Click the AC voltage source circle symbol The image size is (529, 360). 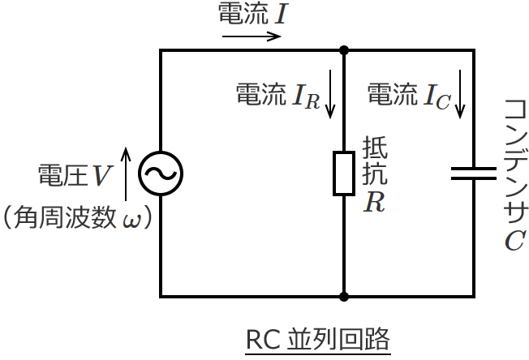tap(160, 173)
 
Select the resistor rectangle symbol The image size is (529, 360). tap(344, 173)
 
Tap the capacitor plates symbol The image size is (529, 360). tap(473, 173)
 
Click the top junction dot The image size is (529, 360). tap(344, 50)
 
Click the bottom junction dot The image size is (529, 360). tap(344, 297)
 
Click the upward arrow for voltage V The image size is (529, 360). tap(126, 174)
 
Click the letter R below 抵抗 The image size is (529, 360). tap(373, 203)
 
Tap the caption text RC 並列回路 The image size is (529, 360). tap(317, 339)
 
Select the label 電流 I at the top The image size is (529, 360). tap(252, 15)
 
